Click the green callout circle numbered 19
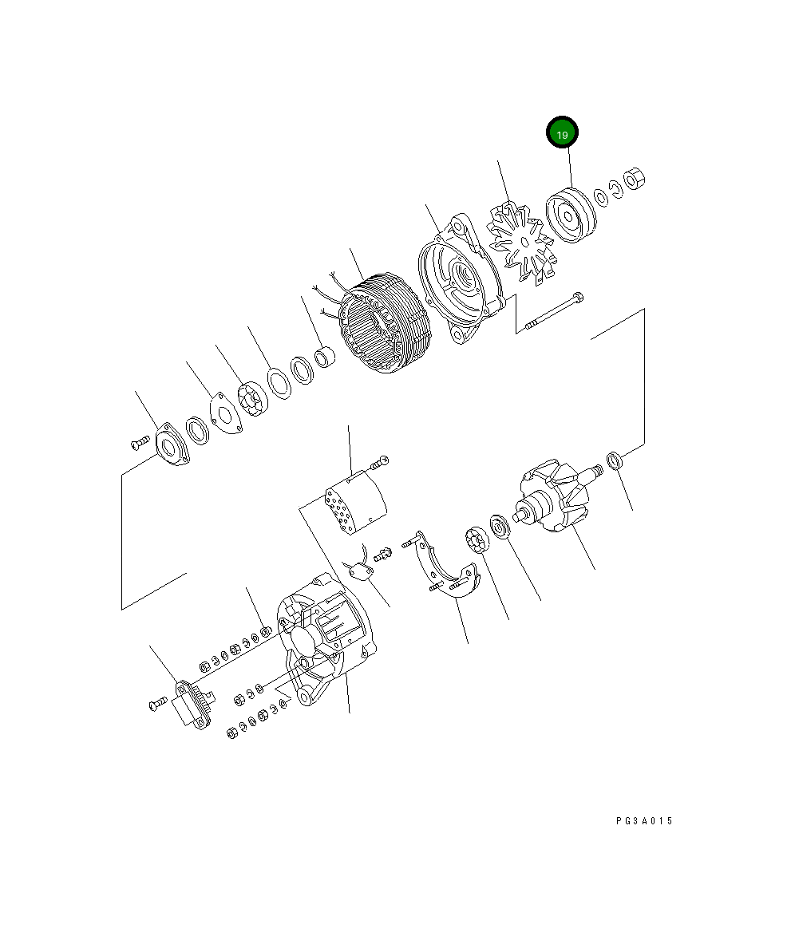click(x=562, y=134)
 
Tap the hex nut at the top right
click(x=635, y=180)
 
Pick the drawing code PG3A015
click(x=644, y=821)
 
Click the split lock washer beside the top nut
click(x=615, y=188)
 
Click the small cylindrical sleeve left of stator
click(x=326, y=358)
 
